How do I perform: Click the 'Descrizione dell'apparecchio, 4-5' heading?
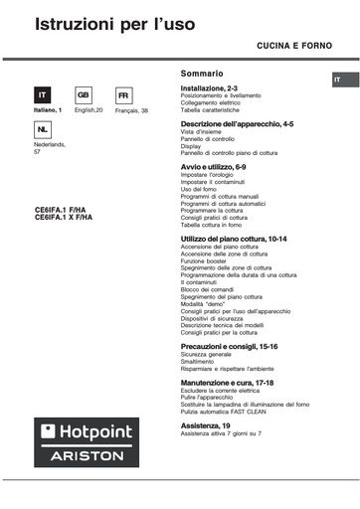point(237,124)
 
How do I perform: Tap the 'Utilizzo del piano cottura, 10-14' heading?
point(235,240)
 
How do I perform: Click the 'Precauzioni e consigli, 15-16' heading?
point(229,345)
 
